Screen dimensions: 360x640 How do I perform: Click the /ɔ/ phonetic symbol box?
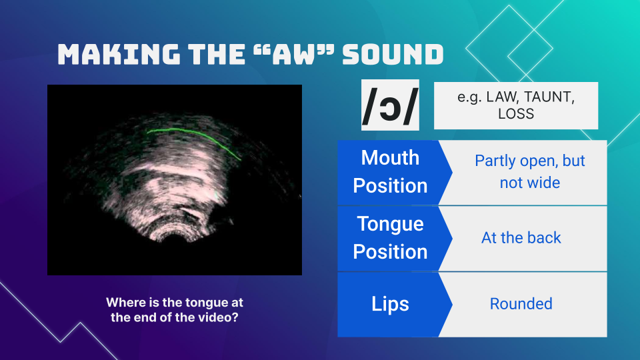(x=390, y=105)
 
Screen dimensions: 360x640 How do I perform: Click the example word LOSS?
(x=516, y=114)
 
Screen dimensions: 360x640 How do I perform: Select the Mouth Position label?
(x=390, y=172)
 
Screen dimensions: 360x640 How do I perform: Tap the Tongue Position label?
(x=390, y=238)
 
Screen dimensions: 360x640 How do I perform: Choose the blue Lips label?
(x=390, y=304)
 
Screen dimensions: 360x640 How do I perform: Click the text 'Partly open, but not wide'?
(x=529, y=172)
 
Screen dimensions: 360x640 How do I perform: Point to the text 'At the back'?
(x=521, y=238)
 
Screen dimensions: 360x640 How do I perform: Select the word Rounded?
(x=521, y=304)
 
